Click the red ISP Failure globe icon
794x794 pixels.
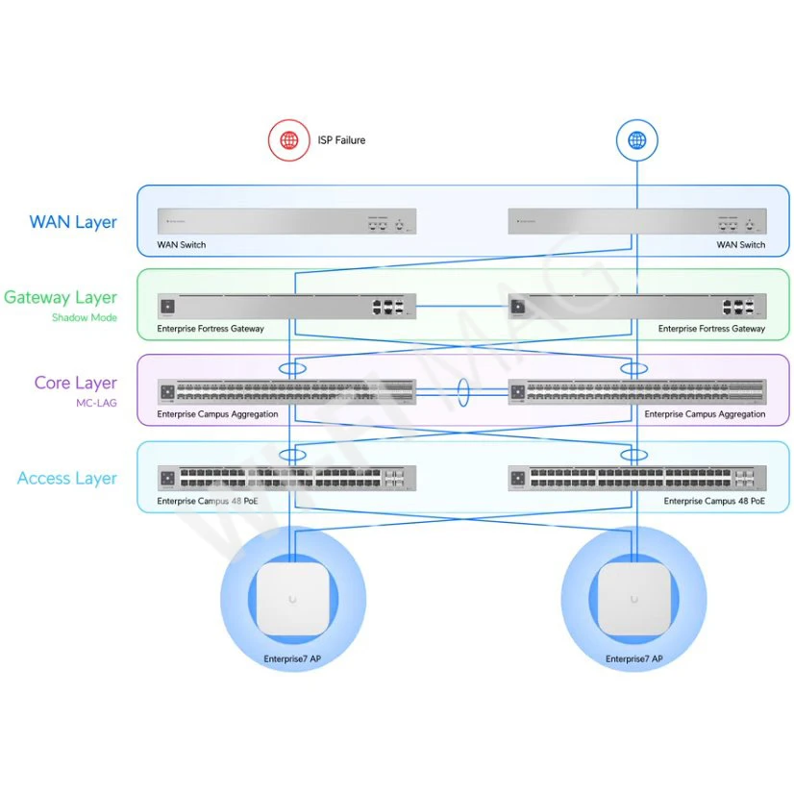[x=288, y=140]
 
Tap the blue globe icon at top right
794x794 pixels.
[x=636, y=140]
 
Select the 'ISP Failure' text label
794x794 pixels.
[x=341, y=140]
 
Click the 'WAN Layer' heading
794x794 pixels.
[x=73, y=222]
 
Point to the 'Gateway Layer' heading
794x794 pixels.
[x=61, y=298]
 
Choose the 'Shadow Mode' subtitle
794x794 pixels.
[x=85, y=317]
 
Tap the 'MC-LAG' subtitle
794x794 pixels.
[x=96, y=403]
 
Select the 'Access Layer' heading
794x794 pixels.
[x=67, y=478]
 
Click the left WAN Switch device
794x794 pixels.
[x=286, y=222]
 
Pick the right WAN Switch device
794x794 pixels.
[x=637, y=222]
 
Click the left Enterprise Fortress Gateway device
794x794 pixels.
[x=286, y=307]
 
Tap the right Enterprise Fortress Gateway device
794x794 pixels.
[x=637, y=307]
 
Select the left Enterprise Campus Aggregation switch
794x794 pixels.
[x=286, y=392]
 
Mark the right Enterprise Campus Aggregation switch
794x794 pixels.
[x=637, y=392]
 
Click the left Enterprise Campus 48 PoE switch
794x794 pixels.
[x=286, y=478]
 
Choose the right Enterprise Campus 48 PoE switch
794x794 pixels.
[x=637, y=478]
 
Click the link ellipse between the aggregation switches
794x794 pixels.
[x=462, y=393]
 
